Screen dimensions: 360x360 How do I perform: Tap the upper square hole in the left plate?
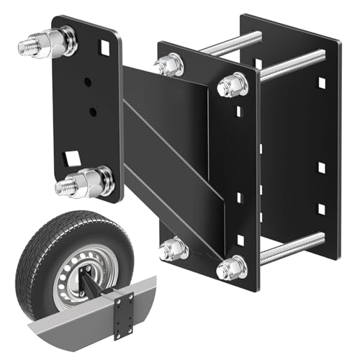click(106, 49)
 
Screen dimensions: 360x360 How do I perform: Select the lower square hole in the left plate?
click(71, 156)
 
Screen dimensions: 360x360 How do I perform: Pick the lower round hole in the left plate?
click(92, 111)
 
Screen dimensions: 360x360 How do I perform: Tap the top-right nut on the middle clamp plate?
click(231, 86)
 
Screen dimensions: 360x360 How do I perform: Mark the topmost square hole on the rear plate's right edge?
click(322, 84)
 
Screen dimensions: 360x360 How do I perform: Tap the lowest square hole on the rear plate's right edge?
click(322, 209)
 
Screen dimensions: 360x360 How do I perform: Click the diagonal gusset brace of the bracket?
click(169, 158)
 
